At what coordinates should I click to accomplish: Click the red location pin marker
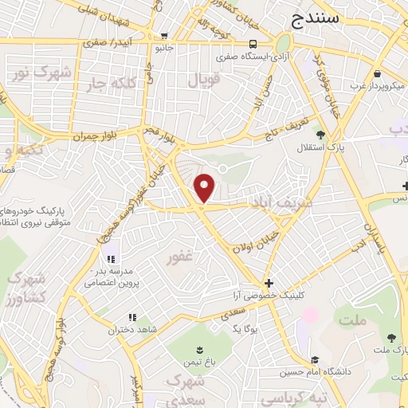[x=206, y=187]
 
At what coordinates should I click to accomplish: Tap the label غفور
[x=180, y=258]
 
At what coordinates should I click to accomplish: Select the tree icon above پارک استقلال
[x=320, y=135]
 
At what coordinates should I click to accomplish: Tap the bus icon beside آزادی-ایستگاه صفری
[x=252, y=45]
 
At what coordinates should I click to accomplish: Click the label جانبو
[x=164, y=47]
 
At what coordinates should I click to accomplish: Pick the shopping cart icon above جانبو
[x=164, y=35]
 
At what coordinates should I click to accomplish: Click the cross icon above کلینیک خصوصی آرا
[x=269, y=283]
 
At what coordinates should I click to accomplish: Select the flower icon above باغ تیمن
[x=199, y=348]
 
